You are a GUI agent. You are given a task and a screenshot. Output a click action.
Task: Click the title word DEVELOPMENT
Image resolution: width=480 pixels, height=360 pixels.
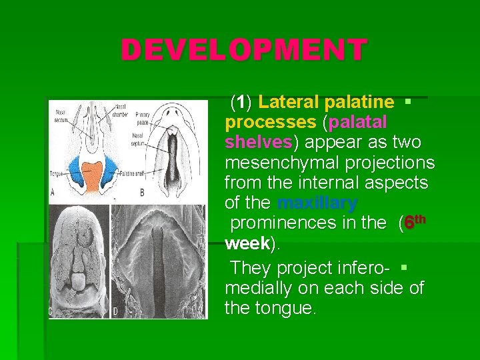tap(243, 50)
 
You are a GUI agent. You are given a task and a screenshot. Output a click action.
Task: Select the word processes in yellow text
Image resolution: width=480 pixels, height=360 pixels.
tap(270, 123)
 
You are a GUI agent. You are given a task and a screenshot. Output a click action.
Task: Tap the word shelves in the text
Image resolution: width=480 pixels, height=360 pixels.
tap(258, 143)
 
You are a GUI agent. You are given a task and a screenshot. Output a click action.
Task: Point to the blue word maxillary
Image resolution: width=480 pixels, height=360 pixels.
tap(317, 203)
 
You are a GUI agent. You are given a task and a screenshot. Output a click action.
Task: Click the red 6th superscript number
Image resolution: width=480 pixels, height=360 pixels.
tap(413, 222)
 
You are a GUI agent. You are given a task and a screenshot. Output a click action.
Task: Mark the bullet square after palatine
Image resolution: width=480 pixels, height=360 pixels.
tap(407, 102)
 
